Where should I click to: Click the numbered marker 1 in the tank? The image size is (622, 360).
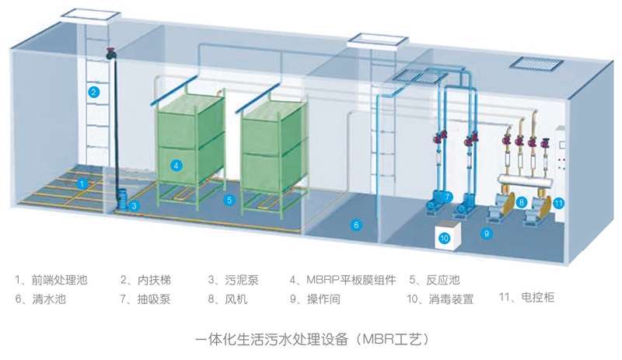coord(82,183)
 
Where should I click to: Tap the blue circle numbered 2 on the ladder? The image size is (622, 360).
coord(93,92)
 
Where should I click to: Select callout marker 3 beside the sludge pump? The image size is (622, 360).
coord(135,205)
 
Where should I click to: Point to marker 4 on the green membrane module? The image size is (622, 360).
coord(176,165)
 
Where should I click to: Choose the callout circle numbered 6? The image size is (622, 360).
coord(356,225)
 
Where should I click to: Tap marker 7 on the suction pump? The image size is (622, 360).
coord(449,197)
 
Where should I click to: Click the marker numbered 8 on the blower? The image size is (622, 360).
coord(522,202)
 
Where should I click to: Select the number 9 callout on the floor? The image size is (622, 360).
coord(487,232)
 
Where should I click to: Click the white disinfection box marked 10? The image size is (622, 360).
coord(445,237)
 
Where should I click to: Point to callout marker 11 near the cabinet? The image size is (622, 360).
coord(558,203)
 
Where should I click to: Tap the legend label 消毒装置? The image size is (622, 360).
coord(449,298)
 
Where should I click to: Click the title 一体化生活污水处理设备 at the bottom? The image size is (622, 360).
coord(271,340)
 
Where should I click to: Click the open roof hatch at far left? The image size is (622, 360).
coord(89,13)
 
